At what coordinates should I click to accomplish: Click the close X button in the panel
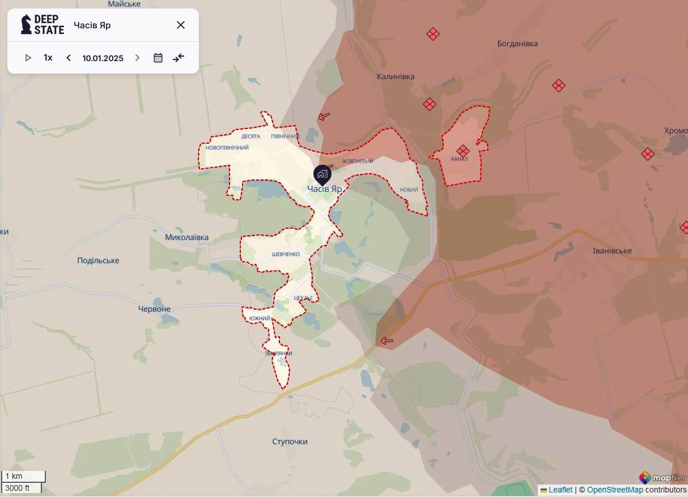181,25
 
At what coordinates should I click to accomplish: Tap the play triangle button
28,58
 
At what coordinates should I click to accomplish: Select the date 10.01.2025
103,58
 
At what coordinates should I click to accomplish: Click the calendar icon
158,58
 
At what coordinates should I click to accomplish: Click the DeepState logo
43,25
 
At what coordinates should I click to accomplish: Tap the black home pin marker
322,174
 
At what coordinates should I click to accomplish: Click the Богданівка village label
517,44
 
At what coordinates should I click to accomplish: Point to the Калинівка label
396,76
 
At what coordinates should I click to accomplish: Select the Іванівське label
612,251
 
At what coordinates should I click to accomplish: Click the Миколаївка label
186,237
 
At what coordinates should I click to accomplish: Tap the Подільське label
98,260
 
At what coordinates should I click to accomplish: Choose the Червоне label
154,309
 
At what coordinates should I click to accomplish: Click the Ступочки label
290,442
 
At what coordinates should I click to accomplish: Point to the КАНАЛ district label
460,159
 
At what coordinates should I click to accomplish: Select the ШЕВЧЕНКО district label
286,254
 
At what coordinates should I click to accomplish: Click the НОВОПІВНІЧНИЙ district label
227,148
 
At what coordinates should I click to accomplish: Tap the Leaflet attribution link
560,490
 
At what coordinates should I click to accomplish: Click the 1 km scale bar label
14,476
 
